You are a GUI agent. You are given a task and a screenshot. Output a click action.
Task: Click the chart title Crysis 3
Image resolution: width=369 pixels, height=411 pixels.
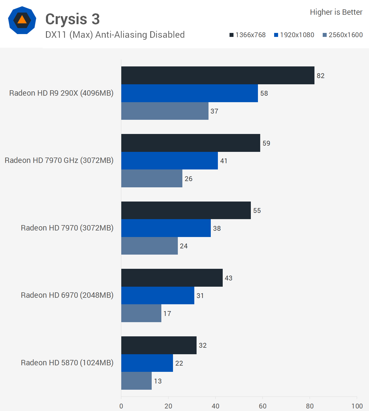click(72, 19)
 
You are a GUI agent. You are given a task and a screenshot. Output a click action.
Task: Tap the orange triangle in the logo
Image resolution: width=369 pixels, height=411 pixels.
click(22, 20)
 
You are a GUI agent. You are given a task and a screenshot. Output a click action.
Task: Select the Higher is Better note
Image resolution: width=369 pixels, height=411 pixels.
click(336, 12)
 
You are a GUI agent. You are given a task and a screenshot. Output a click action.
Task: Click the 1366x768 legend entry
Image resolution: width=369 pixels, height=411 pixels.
click(247, 35)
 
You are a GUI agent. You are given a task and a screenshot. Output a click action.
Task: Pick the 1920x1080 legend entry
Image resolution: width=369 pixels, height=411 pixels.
click(294, 35)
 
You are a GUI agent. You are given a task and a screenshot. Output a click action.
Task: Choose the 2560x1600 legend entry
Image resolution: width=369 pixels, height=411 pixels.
click(343, 35)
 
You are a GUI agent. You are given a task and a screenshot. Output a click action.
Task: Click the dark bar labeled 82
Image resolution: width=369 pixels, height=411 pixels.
click(218, 75)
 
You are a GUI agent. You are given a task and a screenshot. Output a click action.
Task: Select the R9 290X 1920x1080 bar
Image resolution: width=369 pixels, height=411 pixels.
click(189, 93)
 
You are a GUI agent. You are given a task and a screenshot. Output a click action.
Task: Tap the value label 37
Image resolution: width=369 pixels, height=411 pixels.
click(214, 111)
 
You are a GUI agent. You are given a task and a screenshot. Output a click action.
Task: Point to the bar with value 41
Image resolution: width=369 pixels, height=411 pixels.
click(170, 161)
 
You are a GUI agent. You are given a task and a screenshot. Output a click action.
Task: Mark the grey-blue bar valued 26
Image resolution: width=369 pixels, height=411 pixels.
click(152, 178)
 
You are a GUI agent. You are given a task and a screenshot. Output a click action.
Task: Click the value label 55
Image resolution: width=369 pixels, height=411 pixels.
click(257, 210)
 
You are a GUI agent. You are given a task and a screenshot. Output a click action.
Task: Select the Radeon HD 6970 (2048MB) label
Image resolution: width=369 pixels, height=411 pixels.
click(67, 295)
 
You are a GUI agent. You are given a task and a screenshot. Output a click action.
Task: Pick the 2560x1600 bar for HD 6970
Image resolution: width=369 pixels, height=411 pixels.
click(141, 313)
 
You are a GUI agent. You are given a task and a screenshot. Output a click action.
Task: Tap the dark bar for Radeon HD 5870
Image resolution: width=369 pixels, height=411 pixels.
click(159, 345)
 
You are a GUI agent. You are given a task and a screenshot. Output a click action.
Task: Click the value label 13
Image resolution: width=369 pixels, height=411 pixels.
click(158, 381)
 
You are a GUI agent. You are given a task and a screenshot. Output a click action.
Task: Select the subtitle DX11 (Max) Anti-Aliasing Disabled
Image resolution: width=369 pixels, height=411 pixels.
click(115, 35)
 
